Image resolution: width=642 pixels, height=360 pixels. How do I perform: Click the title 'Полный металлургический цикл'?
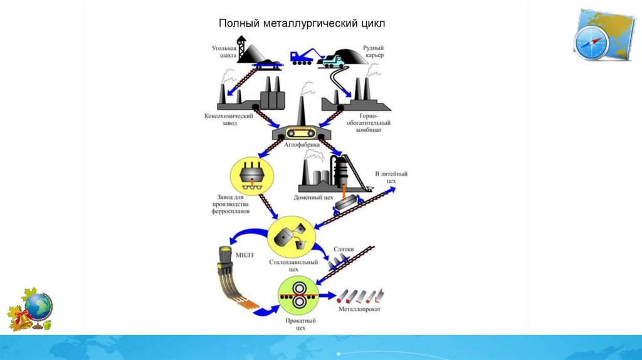301,24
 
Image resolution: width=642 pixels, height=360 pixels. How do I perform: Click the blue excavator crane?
302,56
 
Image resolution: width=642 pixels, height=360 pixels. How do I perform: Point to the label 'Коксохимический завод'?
228,119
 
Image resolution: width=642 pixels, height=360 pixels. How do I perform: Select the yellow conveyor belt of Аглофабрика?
301,133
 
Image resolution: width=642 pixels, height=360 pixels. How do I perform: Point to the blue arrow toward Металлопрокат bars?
327,295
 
